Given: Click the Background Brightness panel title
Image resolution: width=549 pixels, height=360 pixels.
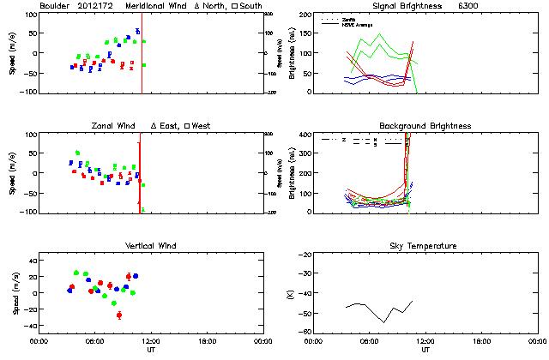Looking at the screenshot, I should (x=425, y=126).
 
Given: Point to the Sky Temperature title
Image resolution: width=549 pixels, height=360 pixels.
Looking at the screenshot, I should (x=425, y=246).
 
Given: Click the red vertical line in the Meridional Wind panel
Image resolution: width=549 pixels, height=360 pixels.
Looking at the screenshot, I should (x=142, y=51).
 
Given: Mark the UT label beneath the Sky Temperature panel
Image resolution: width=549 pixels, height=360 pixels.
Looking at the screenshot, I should (x=425, y=350).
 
